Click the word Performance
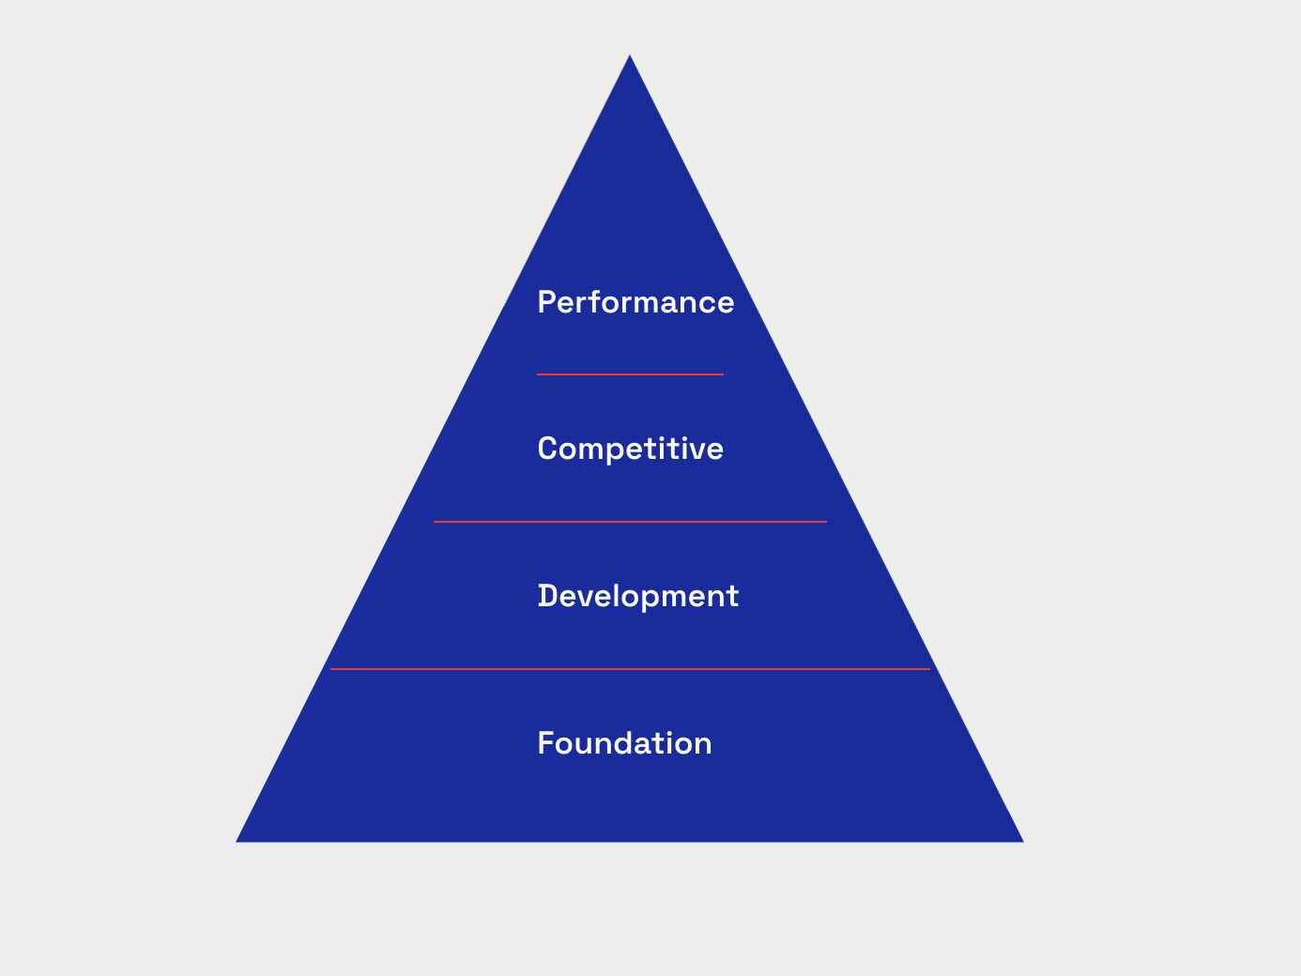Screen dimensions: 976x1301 [635, 302]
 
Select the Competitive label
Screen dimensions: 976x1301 [630, 449]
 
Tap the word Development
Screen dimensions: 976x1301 [638, 596]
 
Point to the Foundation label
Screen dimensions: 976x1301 [624, 743]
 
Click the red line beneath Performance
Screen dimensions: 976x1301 [630, 374]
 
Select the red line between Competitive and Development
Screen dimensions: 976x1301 [630, 522]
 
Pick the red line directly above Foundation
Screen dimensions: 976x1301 [630, 669]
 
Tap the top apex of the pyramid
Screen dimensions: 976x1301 [630, 56]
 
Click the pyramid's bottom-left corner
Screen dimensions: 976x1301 [237, 841]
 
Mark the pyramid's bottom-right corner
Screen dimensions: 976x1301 [1021, 841]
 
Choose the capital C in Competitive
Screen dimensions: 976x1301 [546, 449]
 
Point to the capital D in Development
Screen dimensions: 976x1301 [546, 596]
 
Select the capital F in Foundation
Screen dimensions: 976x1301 [544, 743]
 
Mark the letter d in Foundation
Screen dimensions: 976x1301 [621, 743]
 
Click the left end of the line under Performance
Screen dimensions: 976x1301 [539, 374]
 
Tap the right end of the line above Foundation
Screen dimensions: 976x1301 [928, 669]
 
